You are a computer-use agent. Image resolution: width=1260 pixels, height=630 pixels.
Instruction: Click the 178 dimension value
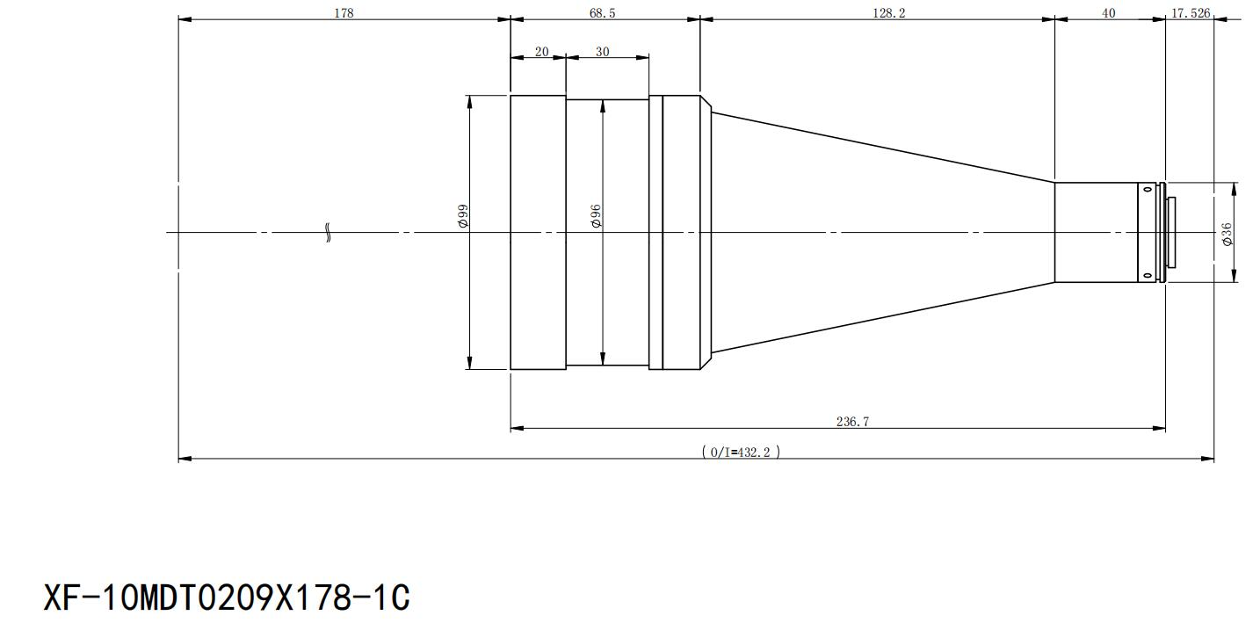pos(344,13)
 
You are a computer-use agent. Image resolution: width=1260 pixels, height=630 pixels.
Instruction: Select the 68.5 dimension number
pos(603,13)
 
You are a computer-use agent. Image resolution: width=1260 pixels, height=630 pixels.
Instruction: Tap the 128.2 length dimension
pos(888,13)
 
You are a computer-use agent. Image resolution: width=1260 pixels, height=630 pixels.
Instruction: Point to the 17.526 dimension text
pos(1191,13)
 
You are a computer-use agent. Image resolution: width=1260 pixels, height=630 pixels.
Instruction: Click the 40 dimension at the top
pos(1108,13)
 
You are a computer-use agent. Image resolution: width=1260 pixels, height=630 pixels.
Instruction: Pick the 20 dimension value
pos(541,52)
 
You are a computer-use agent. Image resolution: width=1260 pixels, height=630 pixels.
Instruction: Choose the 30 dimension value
pos(602,52)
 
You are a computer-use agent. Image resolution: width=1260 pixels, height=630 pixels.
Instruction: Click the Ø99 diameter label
pos(463,216)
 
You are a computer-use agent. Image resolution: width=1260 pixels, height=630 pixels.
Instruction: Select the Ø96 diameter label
pos(596,216)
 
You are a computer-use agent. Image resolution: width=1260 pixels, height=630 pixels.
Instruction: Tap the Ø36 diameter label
pos(1227,234)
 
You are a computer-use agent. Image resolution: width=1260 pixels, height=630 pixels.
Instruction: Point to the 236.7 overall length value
pos(852,421)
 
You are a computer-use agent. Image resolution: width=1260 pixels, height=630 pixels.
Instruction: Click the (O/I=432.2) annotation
pos(741,452)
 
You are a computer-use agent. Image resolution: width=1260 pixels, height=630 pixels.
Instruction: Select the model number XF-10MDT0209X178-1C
pos(227,597)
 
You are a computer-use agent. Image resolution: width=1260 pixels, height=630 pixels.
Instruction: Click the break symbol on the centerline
pos(328,232)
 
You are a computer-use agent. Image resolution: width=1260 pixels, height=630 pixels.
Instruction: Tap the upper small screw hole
pos(1148,189)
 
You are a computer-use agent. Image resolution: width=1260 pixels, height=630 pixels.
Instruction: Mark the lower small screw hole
pos(1148,276)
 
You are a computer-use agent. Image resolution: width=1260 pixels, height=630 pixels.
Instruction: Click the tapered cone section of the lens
pos(883,232)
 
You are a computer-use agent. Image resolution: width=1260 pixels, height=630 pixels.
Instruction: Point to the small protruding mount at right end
pos(1171,232)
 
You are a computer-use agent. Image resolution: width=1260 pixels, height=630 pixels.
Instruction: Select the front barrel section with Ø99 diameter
pos(538,232)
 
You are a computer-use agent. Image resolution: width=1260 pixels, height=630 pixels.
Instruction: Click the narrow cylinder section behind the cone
pos(1097,232)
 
